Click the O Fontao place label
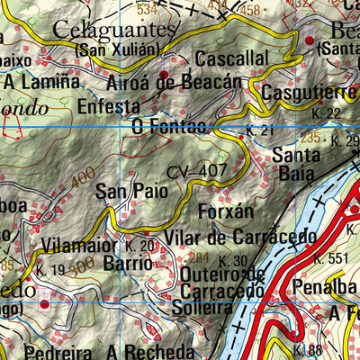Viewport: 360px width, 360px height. coord(168,127)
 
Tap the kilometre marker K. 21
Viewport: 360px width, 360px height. coord(259,132)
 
